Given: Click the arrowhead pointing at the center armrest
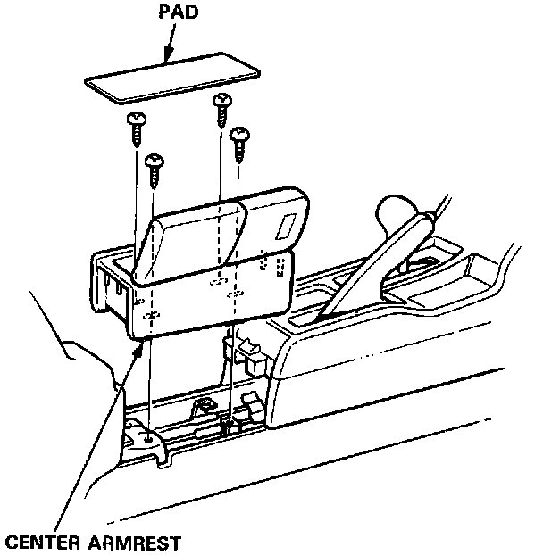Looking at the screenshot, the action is click(138, 351).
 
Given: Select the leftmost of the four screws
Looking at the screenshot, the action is click(138, 128).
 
